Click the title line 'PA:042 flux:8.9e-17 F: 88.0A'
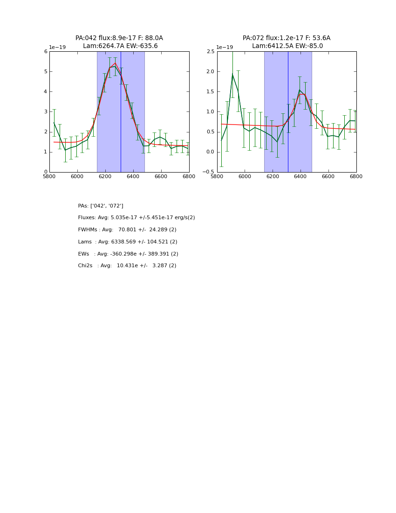pyautogui.click(x=119, y=38)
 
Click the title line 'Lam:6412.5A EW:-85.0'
pyautogui.click(x=287, y=46)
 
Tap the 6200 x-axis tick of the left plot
pyautogui.click(x=105, y=177)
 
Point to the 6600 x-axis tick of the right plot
pyautogui.click(x=328, y=177)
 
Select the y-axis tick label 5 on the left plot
pyautogui.click(x=46, y=72)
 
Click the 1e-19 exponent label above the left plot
pyautogui.click(x=57, y=48)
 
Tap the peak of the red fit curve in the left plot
pyautogui.click(x=115, y=63)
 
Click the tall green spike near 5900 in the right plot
pyautogui.click(x=232, y=75)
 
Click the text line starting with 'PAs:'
pyautogui.click(x=101, y=206)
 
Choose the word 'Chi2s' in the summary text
pyautogui.click(x=85, y=266)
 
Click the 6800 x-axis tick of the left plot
pyautogui.click(x=189, y=177)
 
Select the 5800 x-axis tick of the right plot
pyautogui.click(x=217, y=177)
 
